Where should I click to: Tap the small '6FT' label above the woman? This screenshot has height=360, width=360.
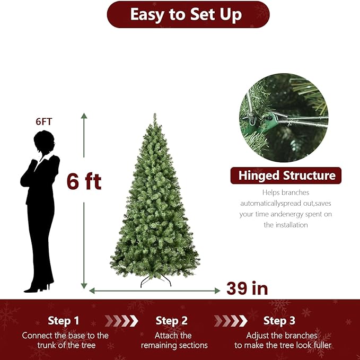44,121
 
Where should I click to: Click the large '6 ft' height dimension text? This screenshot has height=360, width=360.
84,182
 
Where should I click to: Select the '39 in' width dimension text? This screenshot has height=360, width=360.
247,288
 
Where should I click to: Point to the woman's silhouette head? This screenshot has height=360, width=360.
43,142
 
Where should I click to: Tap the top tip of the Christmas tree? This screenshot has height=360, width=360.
155,116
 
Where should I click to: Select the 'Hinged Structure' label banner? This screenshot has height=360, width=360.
286,175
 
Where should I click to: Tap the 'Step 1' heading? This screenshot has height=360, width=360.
63,321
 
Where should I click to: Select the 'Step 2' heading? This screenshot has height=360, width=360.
172,321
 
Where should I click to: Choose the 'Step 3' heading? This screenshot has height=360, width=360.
280,321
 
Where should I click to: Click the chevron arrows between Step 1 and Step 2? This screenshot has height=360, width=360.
121,321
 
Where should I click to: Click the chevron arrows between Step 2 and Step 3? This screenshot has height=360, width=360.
231,321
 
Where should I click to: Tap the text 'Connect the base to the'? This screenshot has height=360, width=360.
65,336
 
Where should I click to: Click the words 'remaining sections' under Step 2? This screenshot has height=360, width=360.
174,346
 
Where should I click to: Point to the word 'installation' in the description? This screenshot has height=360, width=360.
286,225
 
